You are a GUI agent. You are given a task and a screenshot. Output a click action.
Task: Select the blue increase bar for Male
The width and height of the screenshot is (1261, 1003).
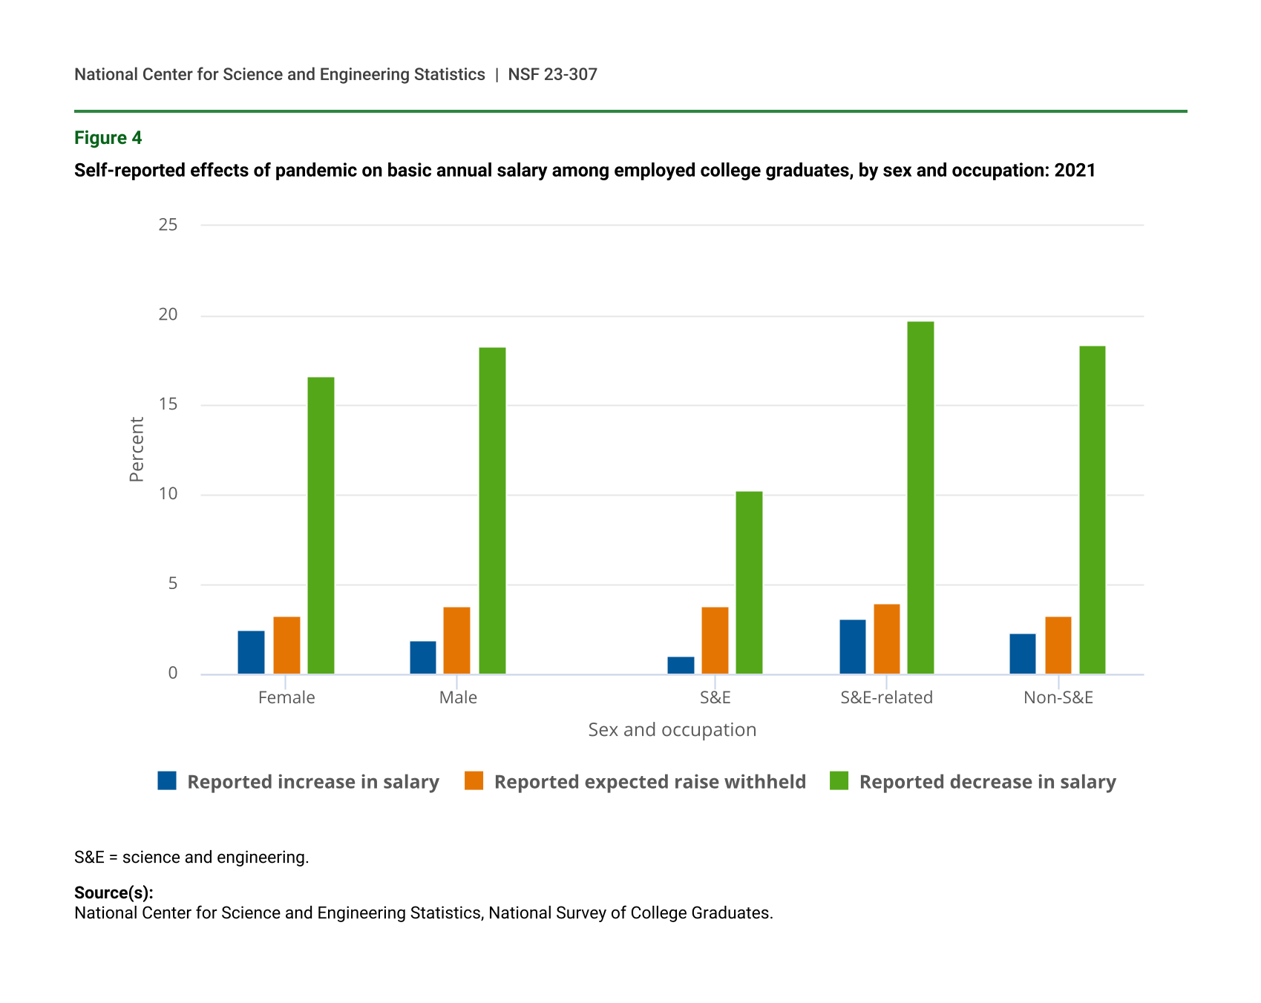click(x=423, y=657)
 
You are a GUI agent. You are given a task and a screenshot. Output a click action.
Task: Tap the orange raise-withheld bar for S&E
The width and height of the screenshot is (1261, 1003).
click(x=715, y=640)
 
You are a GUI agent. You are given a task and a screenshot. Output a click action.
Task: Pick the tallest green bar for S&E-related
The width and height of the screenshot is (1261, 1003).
click(x=920, y=497)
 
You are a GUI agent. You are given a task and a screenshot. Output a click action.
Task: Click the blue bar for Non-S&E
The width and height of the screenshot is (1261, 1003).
click(x=1022, y=654)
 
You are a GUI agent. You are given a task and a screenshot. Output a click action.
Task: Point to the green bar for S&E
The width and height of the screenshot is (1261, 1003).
click(x=749, y=582)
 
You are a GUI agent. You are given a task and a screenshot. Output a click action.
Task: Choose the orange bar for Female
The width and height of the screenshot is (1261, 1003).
click(x=286, y=645)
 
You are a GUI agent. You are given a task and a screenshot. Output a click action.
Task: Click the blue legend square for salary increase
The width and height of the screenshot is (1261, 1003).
click(x=167, y=780)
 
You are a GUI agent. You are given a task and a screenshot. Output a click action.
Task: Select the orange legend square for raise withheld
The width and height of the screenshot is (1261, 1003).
click(x=474, y=780)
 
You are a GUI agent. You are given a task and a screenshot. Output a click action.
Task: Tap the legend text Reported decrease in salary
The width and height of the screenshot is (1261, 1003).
click(x=987, y=782)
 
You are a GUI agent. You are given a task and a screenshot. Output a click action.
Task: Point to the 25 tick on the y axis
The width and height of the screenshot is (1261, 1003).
click(x=168, y=225)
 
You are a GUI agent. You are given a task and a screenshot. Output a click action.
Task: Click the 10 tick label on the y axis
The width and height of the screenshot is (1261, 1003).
click(x=168, y=494)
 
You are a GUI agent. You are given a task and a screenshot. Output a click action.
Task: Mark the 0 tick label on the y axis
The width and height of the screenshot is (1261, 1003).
click(x=173, y=673)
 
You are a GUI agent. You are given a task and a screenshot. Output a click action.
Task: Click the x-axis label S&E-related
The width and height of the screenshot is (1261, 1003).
click(x=886, y=697)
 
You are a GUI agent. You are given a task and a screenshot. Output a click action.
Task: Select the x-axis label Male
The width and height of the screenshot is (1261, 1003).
click(x=458, y=697)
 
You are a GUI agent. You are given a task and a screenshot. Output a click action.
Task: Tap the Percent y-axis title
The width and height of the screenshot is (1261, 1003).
click(x=137, y=450)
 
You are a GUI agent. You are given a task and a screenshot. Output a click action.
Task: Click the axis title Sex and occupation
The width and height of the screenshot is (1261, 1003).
click(x=672, y=730)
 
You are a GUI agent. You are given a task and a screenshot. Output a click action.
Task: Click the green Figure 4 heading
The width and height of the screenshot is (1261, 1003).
click(x=108, y=138)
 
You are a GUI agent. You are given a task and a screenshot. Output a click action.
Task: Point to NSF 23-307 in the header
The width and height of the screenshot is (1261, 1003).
click(x=552, y=74)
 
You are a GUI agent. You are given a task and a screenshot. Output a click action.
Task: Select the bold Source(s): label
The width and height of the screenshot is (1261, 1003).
click(x=114, y=892)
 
